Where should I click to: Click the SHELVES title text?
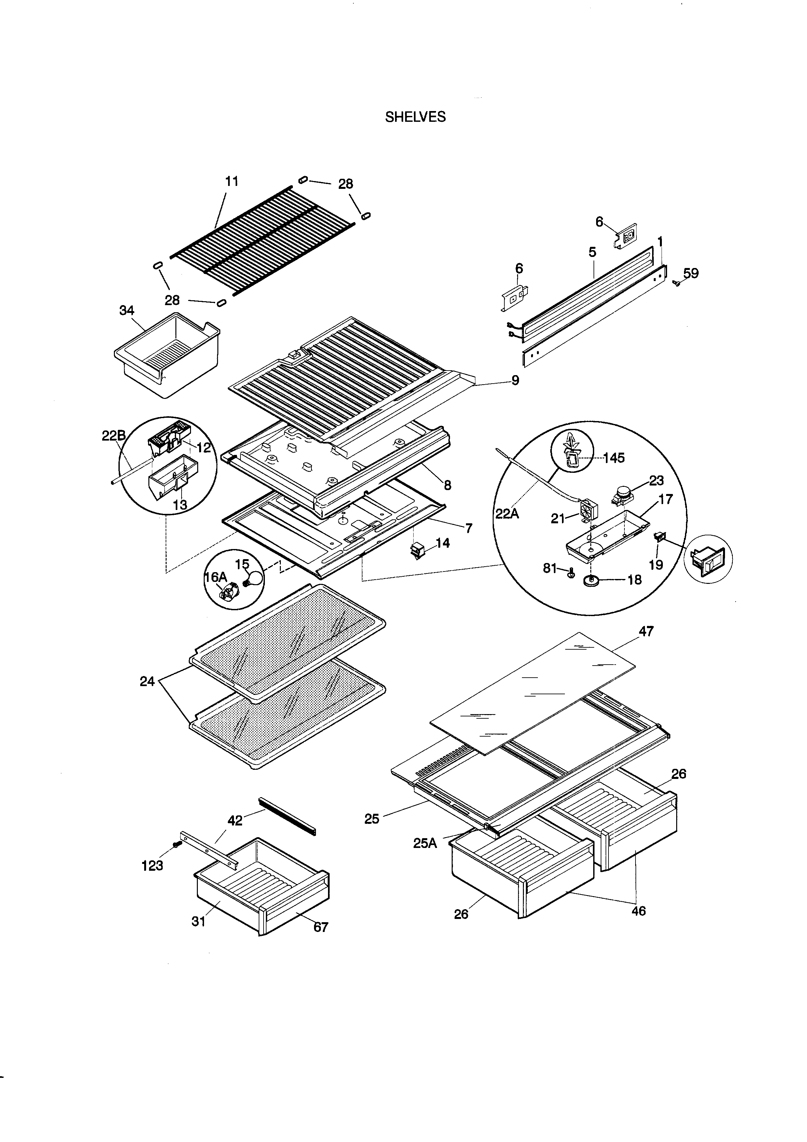click(x=416, y=117)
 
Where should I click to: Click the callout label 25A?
click(x=425, y=843)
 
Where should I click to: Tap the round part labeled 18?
click(x=591, y=580)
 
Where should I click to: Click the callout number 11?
click(x=232, y=182)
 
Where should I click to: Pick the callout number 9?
click(x=515, y=380)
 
